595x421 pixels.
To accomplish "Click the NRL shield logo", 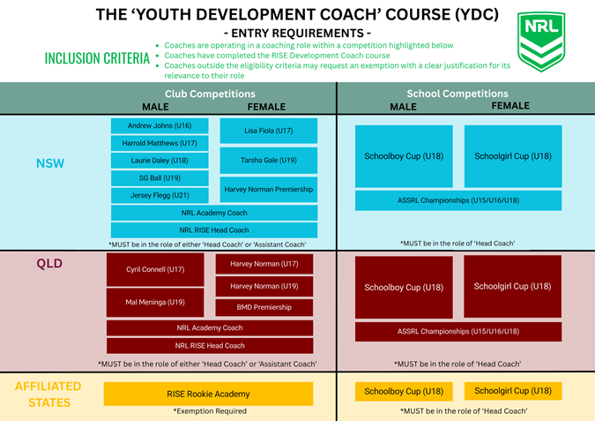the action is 541,41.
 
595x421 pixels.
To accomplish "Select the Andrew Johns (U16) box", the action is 160,125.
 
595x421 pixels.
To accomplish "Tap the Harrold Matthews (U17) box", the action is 160,143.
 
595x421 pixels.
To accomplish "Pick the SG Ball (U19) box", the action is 160,178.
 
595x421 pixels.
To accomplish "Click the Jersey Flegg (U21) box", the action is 160,195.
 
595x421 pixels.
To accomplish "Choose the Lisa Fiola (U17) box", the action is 269,131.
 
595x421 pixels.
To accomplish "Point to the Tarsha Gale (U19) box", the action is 269,161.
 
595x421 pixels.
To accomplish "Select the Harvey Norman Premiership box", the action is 269,189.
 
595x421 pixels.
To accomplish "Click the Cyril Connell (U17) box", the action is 155,270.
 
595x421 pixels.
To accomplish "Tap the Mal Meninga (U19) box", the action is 155,303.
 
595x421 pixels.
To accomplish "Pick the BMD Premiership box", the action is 264,307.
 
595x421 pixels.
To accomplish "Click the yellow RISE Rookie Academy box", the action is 208,394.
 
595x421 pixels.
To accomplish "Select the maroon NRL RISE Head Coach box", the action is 210,346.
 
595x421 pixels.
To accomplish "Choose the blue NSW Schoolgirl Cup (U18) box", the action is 513,156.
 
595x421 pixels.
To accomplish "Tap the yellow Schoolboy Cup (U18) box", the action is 404,391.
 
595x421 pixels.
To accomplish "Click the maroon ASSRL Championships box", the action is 458,332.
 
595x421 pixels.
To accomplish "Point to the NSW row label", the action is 50,163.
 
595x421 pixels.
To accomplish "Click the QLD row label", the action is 49,263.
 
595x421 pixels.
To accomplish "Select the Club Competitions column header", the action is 210,94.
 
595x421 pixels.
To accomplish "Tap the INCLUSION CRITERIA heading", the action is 97,58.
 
